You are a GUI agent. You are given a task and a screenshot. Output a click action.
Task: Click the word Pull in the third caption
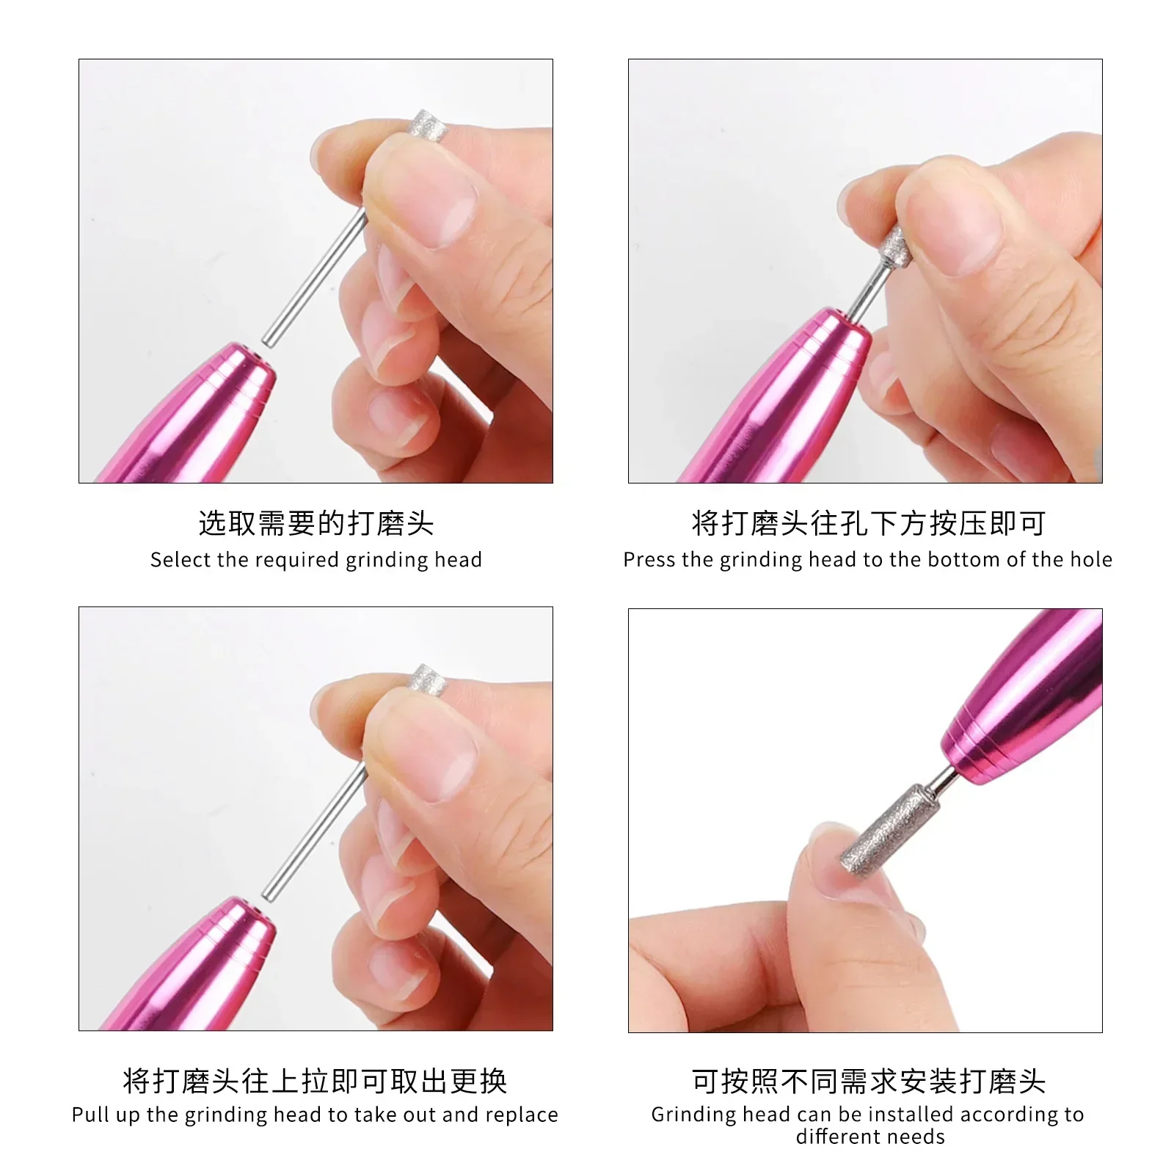91,1115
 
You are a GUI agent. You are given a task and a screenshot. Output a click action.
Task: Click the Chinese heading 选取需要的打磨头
316,523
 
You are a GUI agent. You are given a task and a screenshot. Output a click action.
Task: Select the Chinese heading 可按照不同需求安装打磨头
869,1081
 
